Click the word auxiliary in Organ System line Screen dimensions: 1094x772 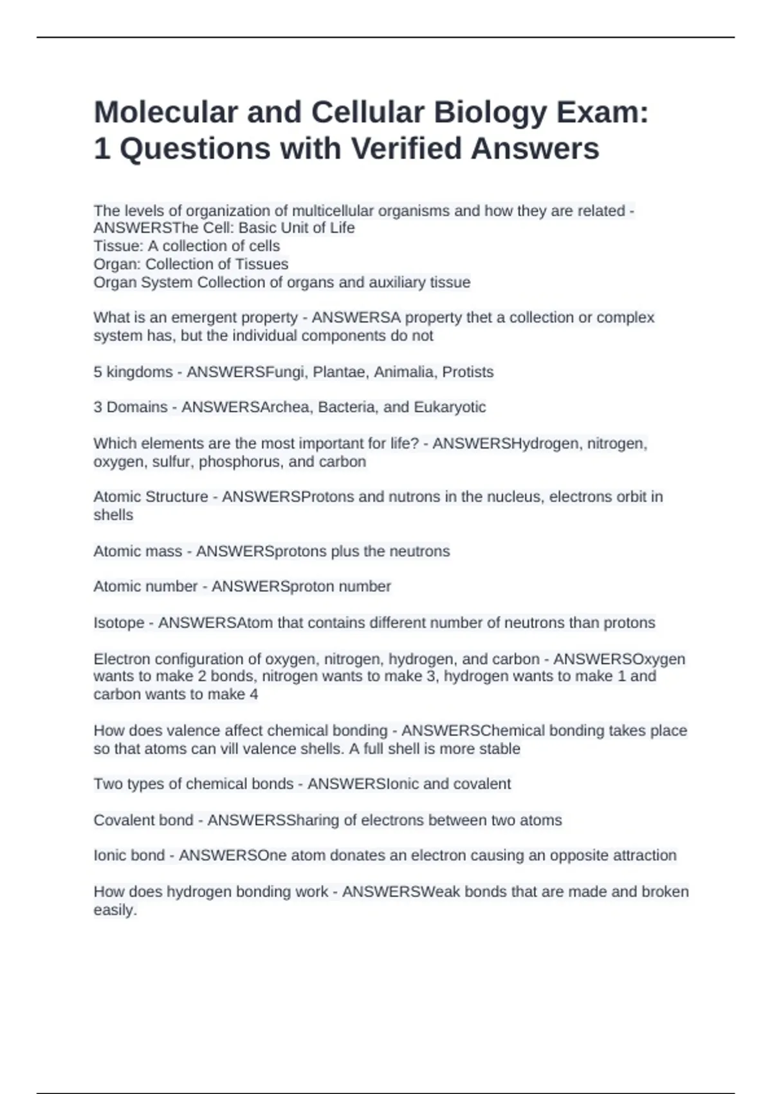[400, 283]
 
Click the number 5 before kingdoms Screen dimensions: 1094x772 [98, 372]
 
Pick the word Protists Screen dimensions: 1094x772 [468, 372]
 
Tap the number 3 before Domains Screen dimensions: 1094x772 [98, 407]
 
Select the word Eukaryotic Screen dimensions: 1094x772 [450, 407]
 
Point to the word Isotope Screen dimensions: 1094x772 [119, 623]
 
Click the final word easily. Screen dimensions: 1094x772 [115, 911]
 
